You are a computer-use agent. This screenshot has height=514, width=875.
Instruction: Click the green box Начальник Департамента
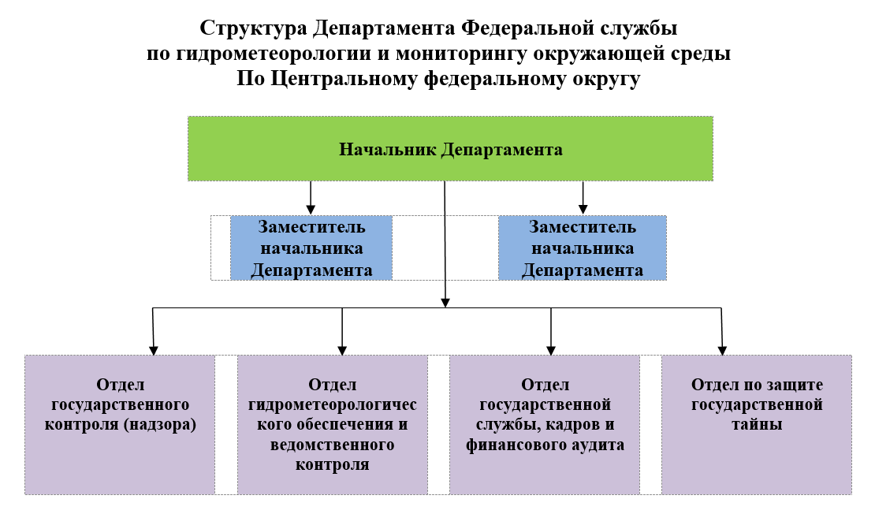(x=450, y=148)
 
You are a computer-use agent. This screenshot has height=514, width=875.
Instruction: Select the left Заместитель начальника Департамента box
(x=311, y=248)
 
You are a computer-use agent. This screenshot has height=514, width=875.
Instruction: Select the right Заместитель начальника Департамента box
(x=583, y=248)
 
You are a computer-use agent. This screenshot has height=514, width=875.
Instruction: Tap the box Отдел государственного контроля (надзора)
(x=120, y=425)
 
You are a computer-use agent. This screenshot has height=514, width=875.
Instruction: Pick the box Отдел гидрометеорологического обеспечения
(x=333, y=425)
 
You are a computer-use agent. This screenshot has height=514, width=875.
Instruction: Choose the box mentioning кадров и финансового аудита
(x=545, y=425)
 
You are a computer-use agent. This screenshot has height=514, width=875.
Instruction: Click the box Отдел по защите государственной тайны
(x=757, y=425)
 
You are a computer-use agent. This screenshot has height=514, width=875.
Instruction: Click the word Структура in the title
(x=253, y=28)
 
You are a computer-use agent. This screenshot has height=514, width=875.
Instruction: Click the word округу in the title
(x=606, y=80)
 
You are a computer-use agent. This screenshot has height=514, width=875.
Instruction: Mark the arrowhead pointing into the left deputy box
(x=311, y=210)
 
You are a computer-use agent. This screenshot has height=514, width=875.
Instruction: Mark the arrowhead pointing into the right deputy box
(x=583, y=210)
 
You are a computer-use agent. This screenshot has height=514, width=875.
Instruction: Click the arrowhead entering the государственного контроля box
(x=154, y=350)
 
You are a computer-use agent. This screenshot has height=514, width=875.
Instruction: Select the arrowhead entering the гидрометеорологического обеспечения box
(x=343, y=350)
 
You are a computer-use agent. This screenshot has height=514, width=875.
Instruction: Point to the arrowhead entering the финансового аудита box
(x=551, y=350)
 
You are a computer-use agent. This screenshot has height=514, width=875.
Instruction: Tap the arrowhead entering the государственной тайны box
(x=722, y=350)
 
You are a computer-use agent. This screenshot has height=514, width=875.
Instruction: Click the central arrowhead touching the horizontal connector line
(x=445, y=303)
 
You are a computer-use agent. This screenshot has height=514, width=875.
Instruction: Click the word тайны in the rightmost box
(x=757, y=424)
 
